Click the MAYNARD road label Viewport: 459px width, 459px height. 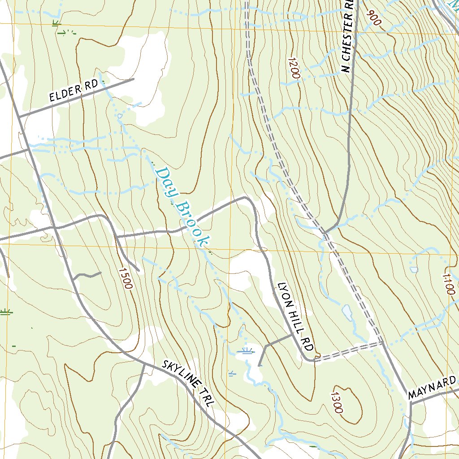(x=432, y=388)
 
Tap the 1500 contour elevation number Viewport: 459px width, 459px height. (x=126, y=278)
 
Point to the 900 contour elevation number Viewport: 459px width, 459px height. (x=373, y=18)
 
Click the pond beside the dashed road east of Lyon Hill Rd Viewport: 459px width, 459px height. (x=346, y=311)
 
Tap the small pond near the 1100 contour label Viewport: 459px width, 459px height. (x=413, y=269)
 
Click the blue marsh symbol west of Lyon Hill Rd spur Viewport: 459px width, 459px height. (x=246, y=351)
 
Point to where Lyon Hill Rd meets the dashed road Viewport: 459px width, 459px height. (x=313, y=359)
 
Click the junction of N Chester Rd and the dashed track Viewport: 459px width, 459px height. (x=326, y=232)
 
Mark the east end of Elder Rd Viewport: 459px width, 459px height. (x=134, y=79)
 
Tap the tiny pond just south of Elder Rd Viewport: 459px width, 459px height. (x=120, y=116)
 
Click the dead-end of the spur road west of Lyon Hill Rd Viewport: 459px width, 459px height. (x=259, y=365)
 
